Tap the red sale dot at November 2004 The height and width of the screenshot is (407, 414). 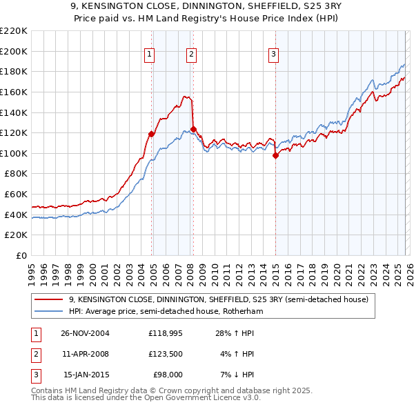point(152,134)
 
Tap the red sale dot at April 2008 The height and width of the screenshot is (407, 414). point(193,129)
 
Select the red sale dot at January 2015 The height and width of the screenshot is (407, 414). point(275,155)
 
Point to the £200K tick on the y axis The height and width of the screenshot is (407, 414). point(15,51)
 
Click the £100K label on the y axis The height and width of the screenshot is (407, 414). point(15,153)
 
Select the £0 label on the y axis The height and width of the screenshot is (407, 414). point(21,255)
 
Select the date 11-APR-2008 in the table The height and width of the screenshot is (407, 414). point(86,354)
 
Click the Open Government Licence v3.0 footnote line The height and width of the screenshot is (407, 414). point(146,398)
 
